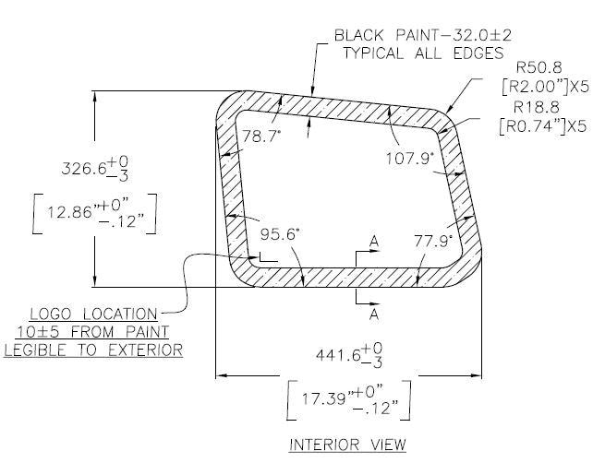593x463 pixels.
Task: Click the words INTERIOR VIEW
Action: (348, 445)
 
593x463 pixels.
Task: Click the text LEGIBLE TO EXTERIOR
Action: (92, 350)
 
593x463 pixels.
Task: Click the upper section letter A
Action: (374, 242)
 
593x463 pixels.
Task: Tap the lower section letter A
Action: (374, 314)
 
